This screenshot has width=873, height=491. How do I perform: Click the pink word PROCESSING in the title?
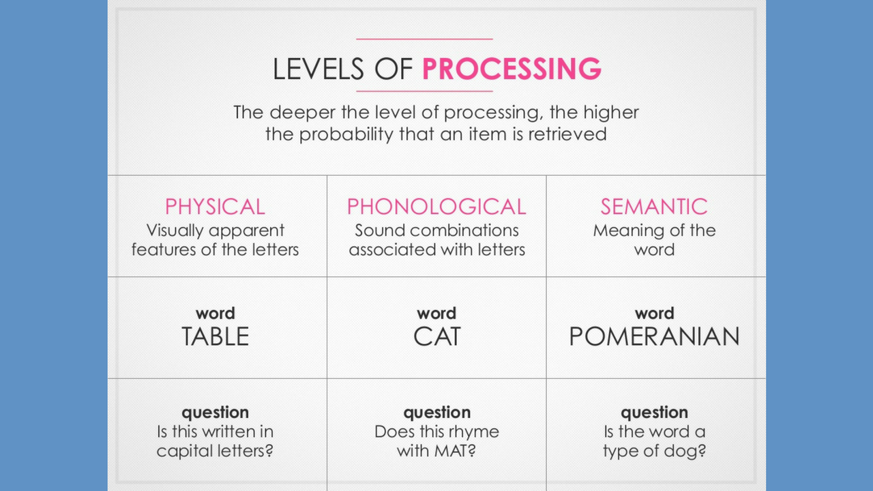(512, 70)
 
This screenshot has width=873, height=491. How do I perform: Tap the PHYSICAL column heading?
(215, 207)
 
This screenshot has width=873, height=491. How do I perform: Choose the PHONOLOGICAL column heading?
(436, 207)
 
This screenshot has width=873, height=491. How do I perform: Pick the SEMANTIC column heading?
(654, 207)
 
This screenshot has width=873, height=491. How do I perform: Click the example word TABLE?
(215, 337)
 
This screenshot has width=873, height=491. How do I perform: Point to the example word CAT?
(437, 337)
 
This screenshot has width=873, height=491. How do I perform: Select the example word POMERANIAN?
(654, 337)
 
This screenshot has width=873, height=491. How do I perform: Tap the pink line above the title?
(424, 40)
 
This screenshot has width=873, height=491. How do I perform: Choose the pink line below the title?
(424, 91)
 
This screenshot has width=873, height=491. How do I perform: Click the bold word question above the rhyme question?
(437, 413)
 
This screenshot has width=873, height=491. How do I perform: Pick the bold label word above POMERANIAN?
(654, 314)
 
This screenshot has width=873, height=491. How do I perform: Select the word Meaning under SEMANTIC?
(622, 230)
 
